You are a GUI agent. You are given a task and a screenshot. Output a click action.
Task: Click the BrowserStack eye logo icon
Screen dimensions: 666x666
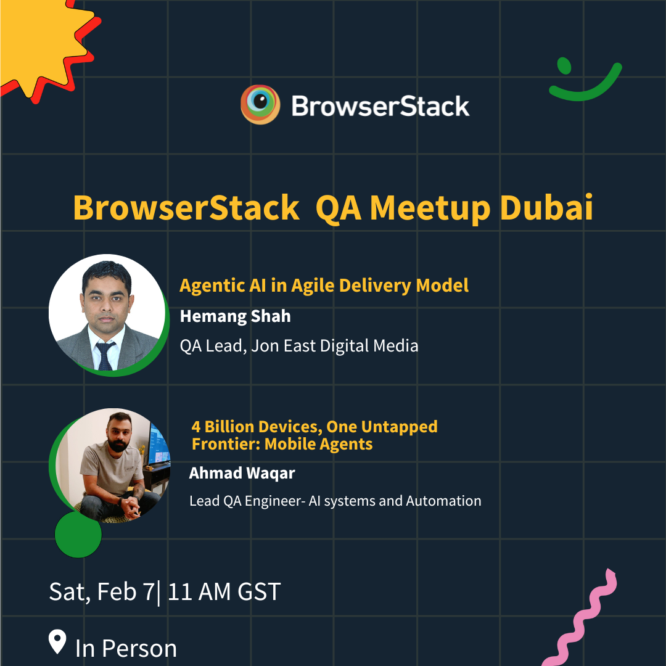260,104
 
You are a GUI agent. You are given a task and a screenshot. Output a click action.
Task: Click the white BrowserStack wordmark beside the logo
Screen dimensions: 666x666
380,106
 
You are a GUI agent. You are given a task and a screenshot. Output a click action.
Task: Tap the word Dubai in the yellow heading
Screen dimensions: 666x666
546,208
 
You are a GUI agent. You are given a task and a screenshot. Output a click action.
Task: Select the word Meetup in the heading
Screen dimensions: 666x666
430,208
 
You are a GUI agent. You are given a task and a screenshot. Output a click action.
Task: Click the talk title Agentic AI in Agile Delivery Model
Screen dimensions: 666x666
324,286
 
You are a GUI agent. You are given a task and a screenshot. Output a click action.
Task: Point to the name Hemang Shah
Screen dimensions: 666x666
236,316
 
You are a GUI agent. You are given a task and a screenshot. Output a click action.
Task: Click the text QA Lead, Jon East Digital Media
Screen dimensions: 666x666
299,346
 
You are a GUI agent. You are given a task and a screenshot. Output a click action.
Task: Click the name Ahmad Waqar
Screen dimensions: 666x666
242,473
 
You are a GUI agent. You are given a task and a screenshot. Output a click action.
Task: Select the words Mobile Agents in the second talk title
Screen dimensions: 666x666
319,444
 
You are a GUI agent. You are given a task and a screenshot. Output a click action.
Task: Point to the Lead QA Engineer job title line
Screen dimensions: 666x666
335,501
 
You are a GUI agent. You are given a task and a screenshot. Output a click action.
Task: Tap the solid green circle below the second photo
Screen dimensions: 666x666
78,534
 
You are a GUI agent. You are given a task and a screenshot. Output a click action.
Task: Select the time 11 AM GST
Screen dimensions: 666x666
224,591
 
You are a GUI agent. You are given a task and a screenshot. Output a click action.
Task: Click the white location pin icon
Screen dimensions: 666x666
57,641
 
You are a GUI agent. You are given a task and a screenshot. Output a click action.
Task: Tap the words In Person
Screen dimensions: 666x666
126,649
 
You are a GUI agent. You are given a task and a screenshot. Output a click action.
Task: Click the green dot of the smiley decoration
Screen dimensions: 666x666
564,65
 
